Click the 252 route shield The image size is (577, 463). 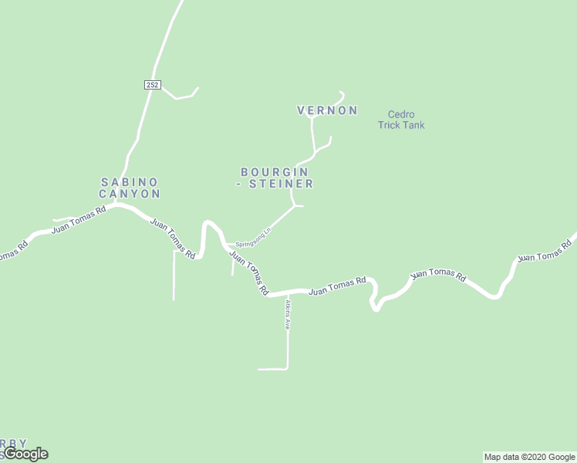point(152,85)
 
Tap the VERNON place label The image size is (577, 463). point(327,110)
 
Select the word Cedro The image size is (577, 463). point(401,114)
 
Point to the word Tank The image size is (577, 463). point(413,125)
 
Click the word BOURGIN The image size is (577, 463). point(275,172)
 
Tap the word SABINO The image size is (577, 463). point(130,182)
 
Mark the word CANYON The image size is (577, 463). point(130,194)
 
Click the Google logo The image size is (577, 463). point(25,454)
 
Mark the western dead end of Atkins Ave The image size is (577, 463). point(259,369)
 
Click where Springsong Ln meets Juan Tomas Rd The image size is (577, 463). point(228,247)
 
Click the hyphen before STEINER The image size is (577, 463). point(240,184)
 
